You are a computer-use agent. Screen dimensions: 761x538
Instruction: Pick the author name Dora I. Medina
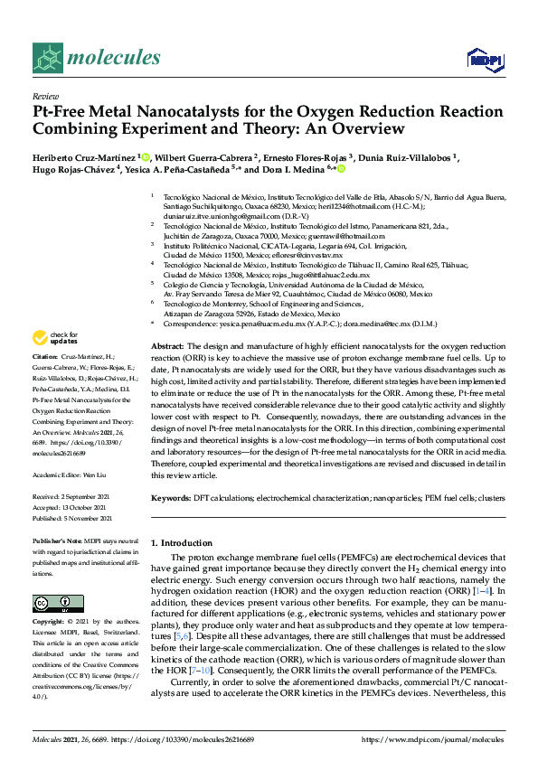point(305,169)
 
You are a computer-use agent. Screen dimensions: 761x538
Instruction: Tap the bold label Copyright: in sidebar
point(48,623)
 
